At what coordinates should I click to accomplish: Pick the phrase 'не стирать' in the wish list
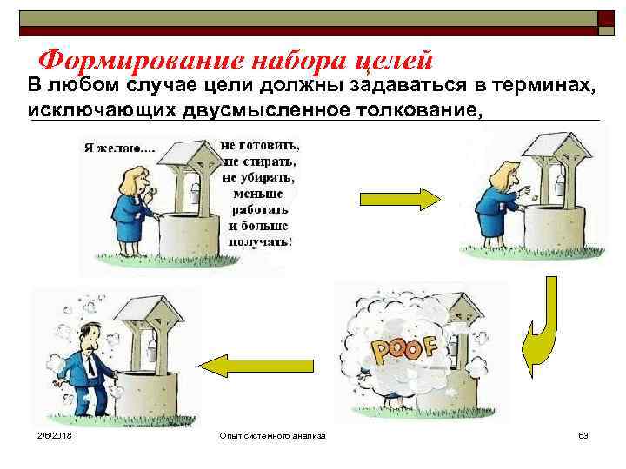click(x=260, y=161)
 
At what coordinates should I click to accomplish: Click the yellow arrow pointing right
click(x=413, y=199)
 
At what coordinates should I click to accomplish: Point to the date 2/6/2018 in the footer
click(x=54, y=434)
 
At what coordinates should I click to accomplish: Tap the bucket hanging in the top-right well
click(x=559, y=183)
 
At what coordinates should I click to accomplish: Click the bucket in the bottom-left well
click(x=150, y=351)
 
